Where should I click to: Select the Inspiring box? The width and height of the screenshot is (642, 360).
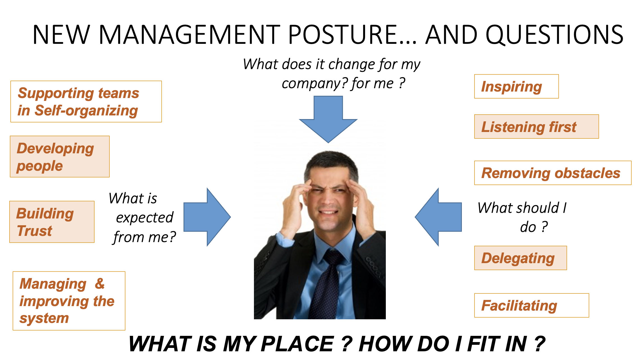coord(516,86)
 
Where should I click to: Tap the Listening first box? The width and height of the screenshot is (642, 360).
coord(536,127)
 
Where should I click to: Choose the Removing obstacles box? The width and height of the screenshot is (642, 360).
coord(553,173)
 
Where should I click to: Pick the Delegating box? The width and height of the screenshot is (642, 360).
coord(521,258)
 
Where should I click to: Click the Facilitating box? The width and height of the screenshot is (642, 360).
coord(531,306)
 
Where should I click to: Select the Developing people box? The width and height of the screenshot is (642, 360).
coord(60,157)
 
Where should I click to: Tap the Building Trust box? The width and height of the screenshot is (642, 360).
coord(52,222)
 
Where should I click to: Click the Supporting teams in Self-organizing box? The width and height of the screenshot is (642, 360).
coord(86,102)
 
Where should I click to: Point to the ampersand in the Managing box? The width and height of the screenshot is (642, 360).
coord(100,283)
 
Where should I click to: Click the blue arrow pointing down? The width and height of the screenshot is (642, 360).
coord(328,119)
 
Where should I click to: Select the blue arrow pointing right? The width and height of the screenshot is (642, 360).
coord(207,217)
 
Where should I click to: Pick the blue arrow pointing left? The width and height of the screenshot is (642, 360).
coord(438,217)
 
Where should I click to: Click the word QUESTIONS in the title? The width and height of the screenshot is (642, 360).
coord(554,35)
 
